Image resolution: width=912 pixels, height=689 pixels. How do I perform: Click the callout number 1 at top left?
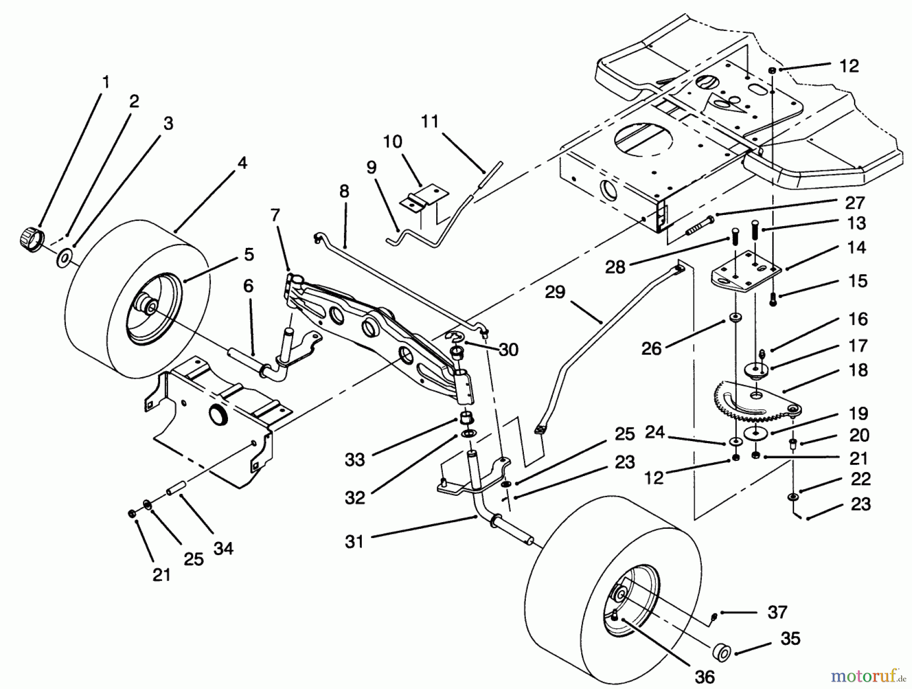click(x=105, y=82)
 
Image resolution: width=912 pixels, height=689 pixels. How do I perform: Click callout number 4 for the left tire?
click(x=242, y=163)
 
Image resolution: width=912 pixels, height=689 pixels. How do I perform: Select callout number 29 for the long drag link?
click(x=555, y=293)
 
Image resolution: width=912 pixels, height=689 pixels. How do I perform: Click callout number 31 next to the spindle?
click(x=354, y=541)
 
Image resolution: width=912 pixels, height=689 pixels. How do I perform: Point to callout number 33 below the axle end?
click(x=355, y=460)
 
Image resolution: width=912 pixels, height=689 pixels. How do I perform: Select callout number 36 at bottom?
click(x=704, y=676)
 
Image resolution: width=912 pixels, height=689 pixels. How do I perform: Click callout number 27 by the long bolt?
click(x=854, y=203)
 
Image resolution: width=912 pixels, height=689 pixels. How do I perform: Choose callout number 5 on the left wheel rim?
click(x=248, y=254)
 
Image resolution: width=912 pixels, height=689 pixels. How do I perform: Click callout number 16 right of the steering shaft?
click(x=857, y=319)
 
